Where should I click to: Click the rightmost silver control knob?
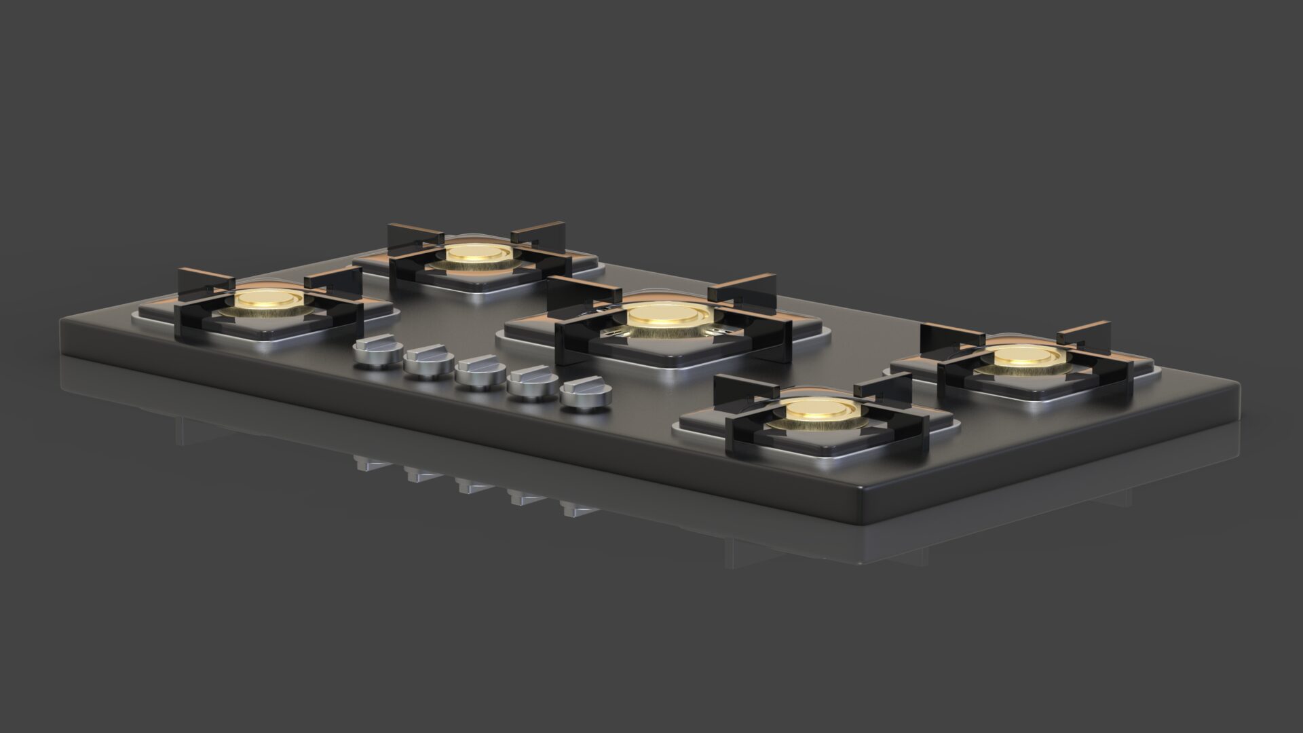582,397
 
